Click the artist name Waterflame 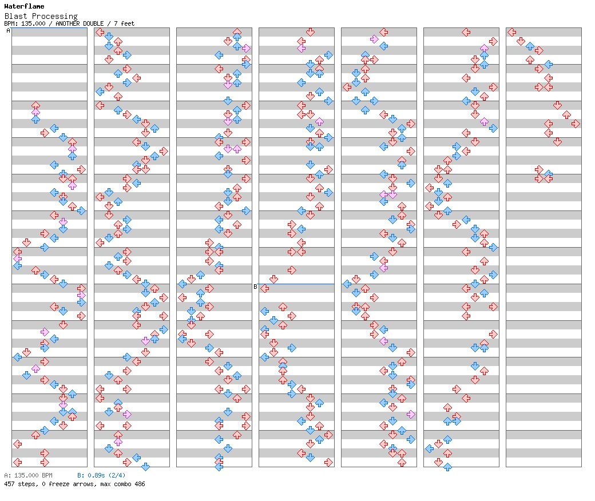tap(24, 6)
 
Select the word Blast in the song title tap(15, 16)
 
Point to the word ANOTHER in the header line tap(68, 23)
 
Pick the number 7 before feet tap(116, 23)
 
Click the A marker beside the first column tap(8, 31)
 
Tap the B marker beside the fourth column tap(255, 287)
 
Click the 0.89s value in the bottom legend tap(95, 475)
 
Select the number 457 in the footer tap(9, 484)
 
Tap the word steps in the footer tap(26, 484)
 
